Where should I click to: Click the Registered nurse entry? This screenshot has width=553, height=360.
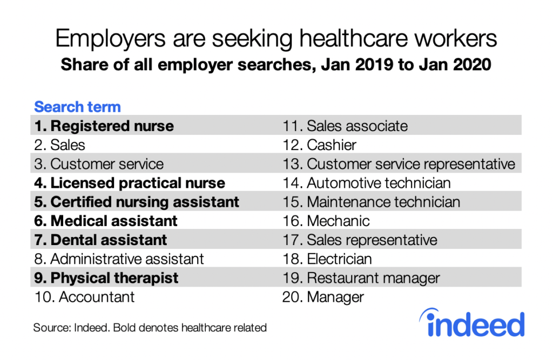pyautogui.click(x=104, y=126)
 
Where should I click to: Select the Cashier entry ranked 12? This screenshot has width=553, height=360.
pyautogui.click(x=320, y=145)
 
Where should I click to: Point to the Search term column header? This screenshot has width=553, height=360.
pyautogui.click(x=77, y=107)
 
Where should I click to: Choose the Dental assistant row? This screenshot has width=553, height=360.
pyautogui.click(x=100, y=240)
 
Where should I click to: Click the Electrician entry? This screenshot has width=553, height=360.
pyautogui.click(x=327, y=259)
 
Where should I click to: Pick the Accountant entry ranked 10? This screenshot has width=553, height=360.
pyautogui.click(x=84, y=296)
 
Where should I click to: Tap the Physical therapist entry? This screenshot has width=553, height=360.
pyautogui.click(x=106, y=278)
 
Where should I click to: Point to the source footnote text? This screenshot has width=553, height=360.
pyautogui.click(x=150, y=328)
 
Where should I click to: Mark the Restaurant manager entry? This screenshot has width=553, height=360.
pyautogui.click(x=361, y=278)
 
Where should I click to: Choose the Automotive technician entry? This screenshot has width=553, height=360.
pyautogui.click(x=367, y=183)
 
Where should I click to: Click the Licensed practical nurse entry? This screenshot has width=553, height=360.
pyautogui.click(x=130, y=183)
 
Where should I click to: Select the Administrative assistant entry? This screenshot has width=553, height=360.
pyautogui.click(x=119, y=259)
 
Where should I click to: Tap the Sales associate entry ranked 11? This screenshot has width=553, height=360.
pyautogui.click(x=345, y=126)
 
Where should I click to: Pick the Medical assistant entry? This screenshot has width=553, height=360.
pyautogui.click(x=105, y=221)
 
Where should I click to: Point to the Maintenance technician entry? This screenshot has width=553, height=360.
pyautogui.click(x=372, y=202)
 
